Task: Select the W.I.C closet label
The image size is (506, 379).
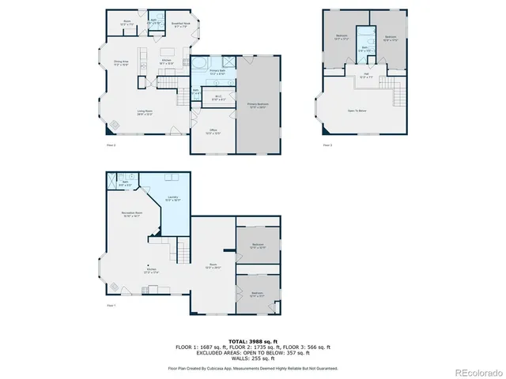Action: coord(219,99)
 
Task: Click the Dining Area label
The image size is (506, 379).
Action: coord(121,62)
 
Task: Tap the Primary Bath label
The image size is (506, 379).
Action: coord(219,72)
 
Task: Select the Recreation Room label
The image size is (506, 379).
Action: coord(131,214)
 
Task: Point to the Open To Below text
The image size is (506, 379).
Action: coord(357,111)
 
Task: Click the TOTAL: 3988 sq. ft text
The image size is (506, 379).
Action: coord(252,341)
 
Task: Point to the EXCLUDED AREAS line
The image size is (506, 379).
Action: coord(252,352)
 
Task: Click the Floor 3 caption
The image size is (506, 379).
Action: coord(327,145)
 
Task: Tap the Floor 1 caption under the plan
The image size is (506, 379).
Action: coord(111,305)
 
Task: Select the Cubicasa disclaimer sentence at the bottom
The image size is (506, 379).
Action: coord(252,368)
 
